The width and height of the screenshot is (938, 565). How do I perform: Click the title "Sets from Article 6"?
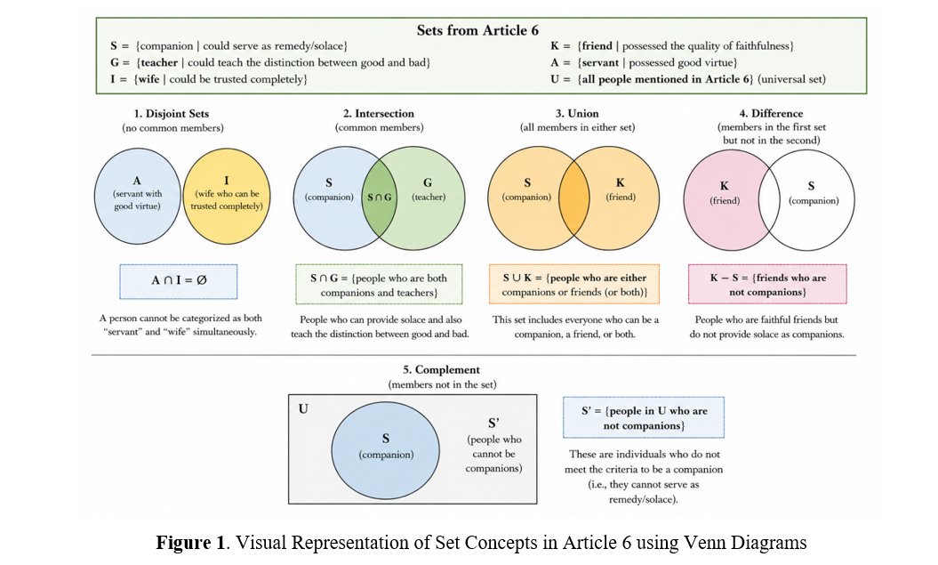(x=477, y=30)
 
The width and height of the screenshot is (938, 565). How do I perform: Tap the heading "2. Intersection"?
(x=379, y=113)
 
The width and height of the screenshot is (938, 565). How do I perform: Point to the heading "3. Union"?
(x=577, y=113)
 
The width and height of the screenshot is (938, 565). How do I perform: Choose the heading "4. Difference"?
(x=771, y=113)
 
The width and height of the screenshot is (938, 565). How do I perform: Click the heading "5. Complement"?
(x=442, y=369)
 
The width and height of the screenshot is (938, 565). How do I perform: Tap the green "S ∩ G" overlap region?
(x=379, y=198)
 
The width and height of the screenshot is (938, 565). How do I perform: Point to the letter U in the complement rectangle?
(x=303, y=409)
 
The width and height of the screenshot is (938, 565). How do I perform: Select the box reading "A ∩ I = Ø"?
(x=179, y=281)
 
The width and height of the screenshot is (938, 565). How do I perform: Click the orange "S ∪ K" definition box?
(x=574, y=285)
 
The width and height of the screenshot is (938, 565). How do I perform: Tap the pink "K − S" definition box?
(x=767, y=285)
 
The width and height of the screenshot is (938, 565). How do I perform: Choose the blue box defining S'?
(x=644, y=417)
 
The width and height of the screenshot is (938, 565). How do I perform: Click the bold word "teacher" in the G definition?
(x=160, y=62)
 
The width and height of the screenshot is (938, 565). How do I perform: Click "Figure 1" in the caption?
(x=191, y=542)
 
